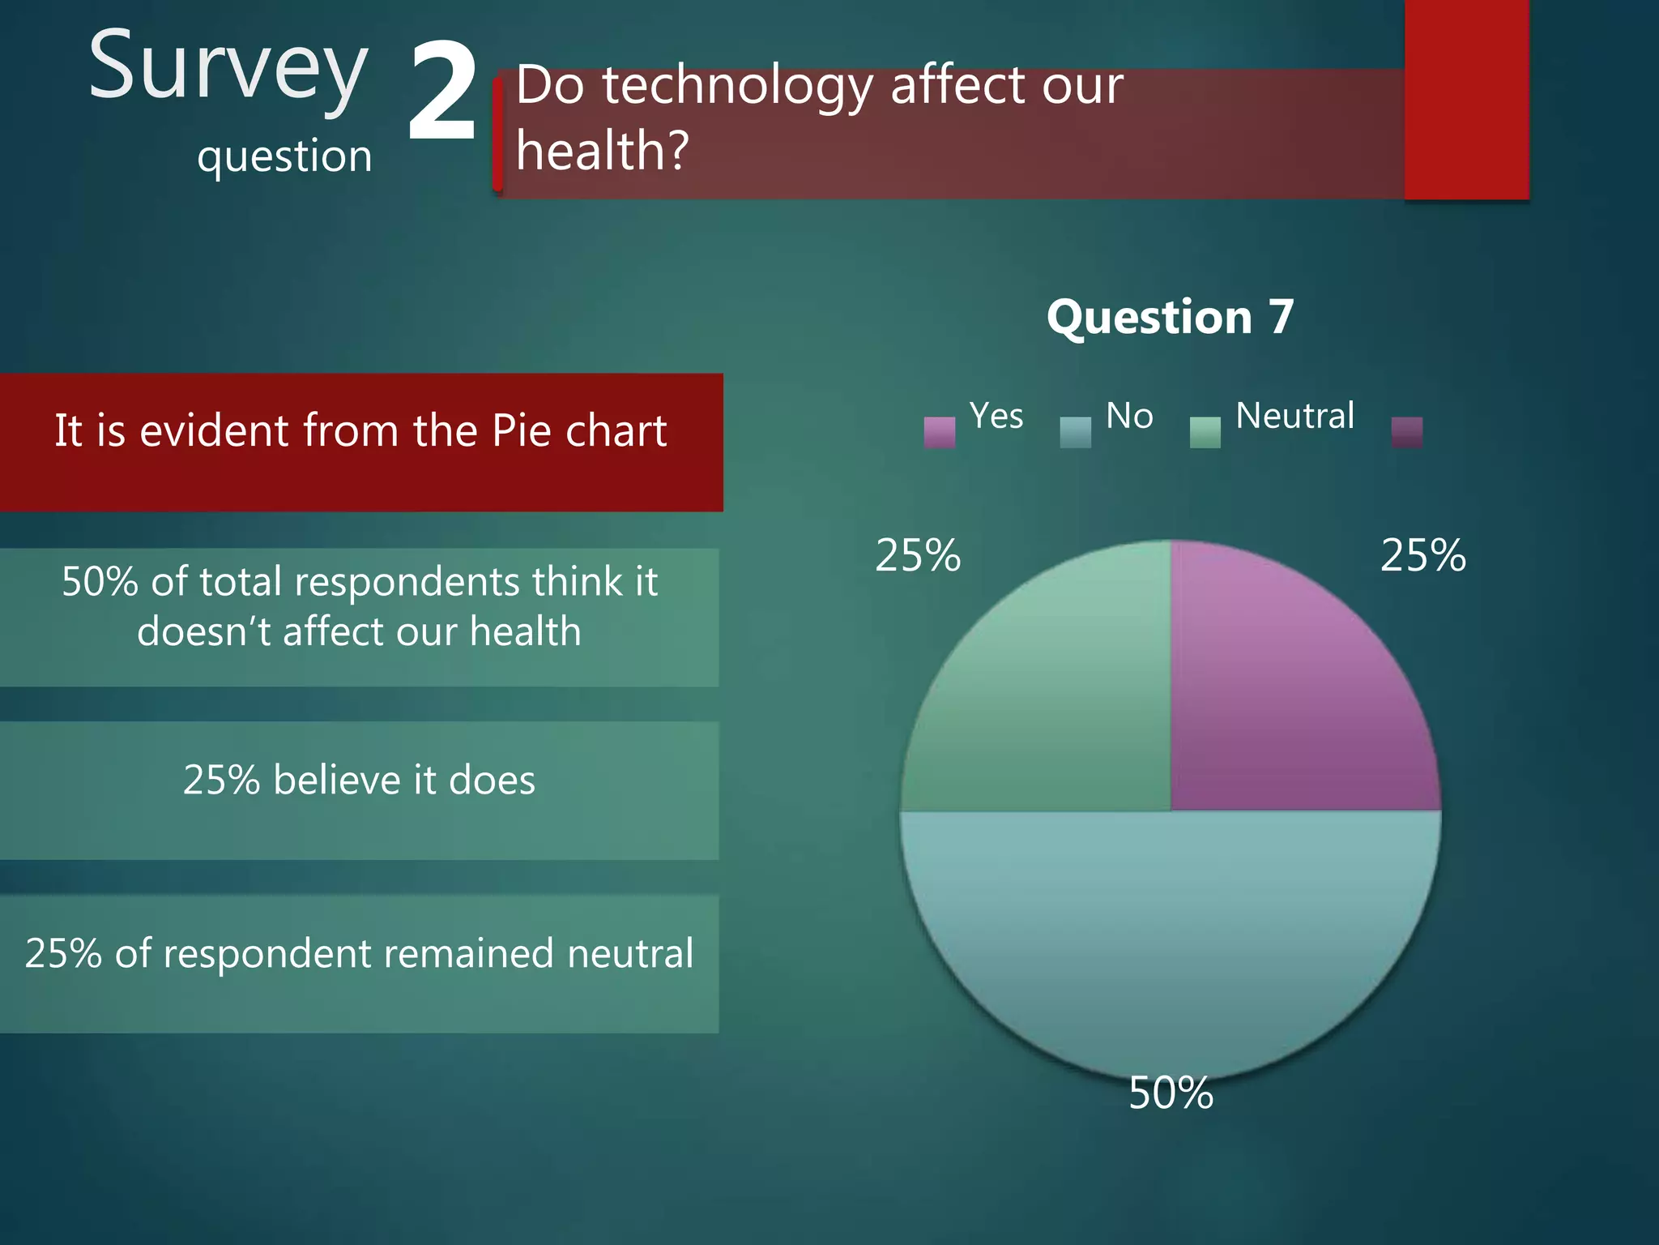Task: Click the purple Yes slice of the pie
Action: [x=1288, y=689]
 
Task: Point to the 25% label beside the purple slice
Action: [x=1422, y=556]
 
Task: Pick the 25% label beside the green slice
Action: [x=918, y=556]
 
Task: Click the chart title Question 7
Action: [x=1170, y=316]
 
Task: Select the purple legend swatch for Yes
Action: [x=939, y=432]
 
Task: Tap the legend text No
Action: [x=1129, y=416]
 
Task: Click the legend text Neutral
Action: [x=1294, y=416]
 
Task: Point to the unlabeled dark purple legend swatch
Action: [x=1406, y=432]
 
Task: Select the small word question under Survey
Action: [x=284, y=156]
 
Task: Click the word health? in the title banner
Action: [x=602, y=151]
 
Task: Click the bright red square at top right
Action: [x=1466, y=99]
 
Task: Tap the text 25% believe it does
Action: [x=359, y=780]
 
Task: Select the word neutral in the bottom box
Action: [x=630, y=953]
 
